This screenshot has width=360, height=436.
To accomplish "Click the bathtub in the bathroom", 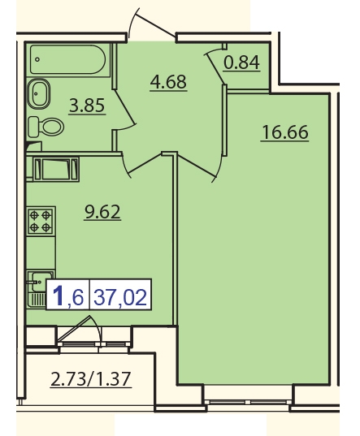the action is [x=68, y=60].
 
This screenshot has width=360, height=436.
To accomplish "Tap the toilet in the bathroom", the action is [x=46, y=127].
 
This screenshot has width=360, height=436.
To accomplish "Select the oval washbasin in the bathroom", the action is [x=39, y=93].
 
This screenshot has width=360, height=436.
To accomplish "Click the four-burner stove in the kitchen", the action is [x=41, y=220].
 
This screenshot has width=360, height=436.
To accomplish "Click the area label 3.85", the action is [x=87, y=106].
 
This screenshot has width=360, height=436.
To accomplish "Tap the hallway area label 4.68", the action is [x=168, y=82].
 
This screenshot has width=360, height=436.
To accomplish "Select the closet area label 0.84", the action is [x=242, y=63].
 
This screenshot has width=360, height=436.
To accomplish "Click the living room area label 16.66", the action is [x=285, y=132].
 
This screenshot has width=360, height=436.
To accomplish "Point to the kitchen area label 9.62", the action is [x=102, y=212].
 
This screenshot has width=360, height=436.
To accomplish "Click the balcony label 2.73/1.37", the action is [x=91, y=379].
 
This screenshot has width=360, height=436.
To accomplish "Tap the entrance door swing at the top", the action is [x=153, y=24].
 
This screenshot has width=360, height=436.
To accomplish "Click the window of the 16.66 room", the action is [x=248, y=402].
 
